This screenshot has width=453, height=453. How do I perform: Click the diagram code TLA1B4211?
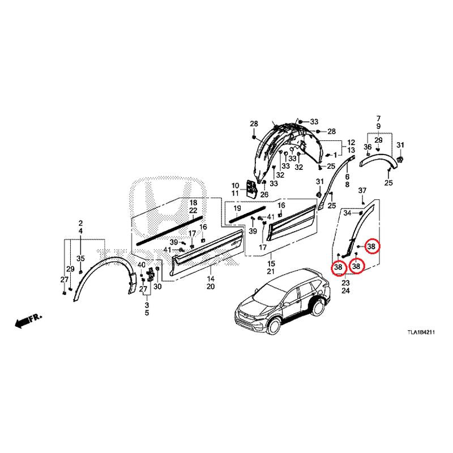coord(421,332)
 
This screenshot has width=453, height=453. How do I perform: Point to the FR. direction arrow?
coord(28,320)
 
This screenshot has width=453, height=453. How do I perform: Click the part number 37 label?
coord(362,190)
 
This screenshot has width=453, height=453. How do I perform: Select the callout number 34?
coord(348,213)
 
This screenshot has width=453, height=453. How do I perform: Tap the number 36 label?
coord(367,147)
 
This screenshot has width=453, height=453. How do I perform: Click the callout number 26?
coord(264,194)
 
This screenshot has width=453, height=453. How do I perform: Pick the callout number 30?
coord(157,287)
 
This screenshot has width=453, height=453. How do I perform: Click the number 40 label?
coord(141,264)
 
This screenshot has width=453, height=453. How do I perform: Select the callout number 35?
coord(80,258)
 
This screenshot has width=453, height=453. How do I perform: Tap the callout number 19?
coord(237,208)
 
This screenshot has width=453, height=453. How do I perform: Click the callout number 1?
coord(335,155)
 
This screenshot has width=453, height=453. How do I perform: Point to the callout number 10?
coord(235,186)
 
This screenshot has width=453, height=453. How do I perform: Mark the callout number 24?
coord(345,290)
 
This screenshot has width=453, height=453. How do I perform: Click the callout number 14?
coord(211,279)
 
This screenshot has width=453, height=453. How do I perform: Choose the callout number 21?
coord(271,272)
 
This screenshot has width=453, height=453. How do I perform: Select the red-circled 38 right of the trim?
coord(371,246)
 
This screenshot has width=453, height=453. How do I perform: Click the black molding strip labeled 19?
coord(247,214)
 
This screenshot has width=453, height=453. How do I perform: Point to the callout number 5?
coord(147,313)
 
